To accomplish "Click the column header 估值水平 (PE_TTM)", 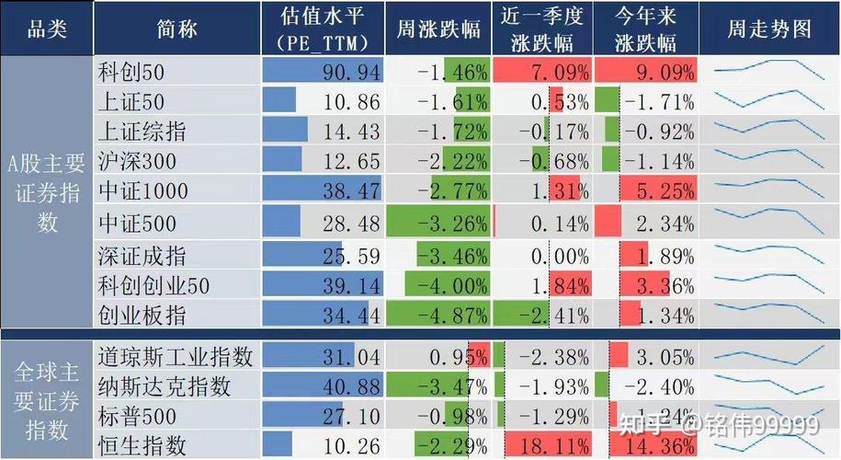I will coord(322,29).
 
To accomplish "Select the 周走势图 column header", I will coord(769,29).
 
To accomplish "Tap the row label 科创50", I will coord(131,72).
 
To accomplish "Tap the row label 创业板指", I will coord(142,316).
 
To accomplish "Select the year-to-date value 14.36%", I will coord(658,446).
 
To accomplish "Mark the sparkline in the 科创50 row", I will coord(769,72).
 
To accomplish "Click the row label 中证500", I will coord(136,224).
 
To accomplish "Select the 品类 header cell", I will coord(47,29).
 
